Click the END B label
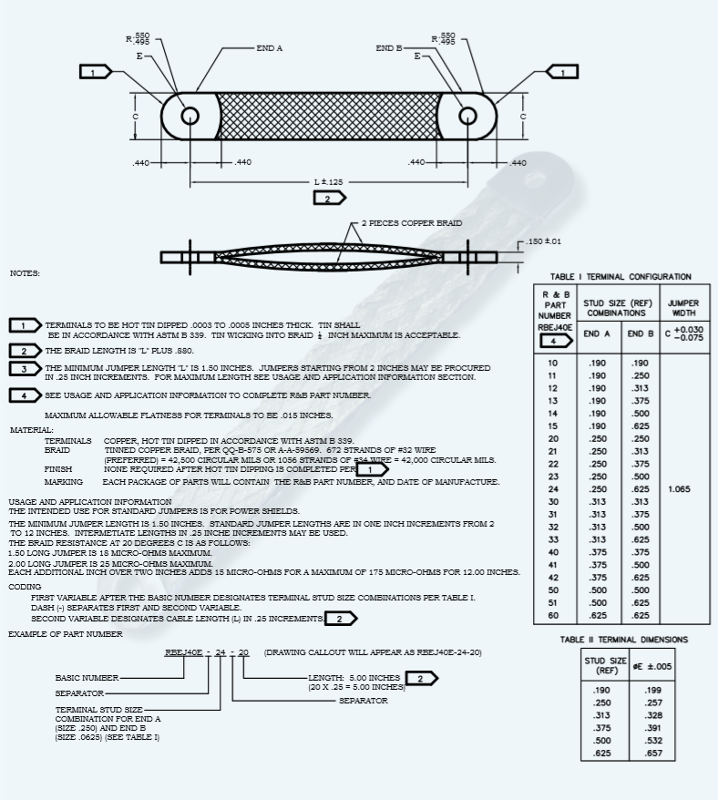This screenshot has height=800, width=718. [x=389, y=47]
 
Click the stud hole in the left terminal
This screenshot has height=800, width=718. [x=190, y=117]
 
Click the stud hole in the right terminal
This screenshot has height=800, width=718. [x=467, y=117]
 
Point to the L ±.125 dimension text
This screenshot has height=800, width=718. [x=329, y=182]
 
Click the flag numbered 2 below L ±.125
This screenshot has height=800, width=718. [x=328, y=198]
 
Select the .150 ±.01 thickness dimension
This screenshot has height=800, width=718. [x=545, y=241]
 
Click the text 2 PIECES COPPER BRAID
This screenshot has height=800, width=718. [x=411, y=223]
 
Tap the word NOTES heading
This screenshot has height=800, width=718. [x=26, y=273]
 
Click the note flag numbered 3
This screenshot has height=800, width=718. [x=25, y=368]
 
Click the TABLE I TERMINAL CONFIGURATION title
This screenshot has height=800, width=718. [x=621, y=277]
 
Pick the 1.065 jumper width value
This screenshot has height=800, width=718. [x=679, y=489]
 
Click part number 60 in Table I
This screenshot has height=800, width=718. [x=553, y=615]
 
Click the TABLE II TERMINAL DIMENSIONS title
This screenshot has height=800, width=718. [x=624, y=640]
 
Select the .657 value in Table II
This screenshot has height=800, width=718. [x=652, y=754]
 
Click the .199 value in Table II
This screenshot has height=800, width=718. [x=652, y=690]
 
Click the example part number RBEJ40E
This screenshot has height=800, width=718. [x=183, y=653]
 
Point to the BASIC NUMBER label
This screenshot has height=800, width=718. [x=86, y=678]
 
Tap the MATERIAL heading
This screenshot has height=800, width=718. [x=32, y=430]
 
